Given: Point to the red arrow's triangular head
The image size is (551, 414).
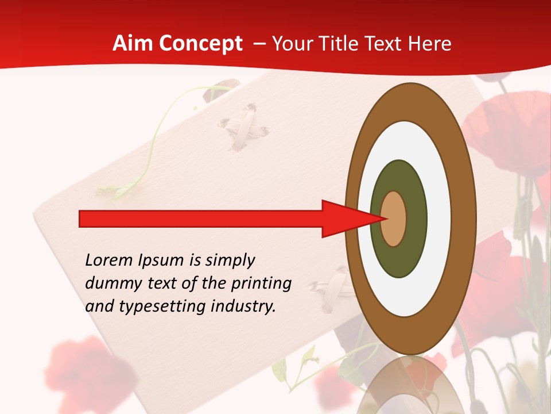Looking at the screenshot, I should click(344, 218).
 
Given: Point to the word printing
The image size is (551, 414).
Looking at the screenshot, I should click(261, 283).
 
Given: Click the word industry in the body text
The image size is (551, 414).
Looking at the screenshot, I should click(243, 306).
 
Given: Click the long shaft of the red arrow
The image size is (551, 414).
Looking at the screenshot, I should click(201, 218).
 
